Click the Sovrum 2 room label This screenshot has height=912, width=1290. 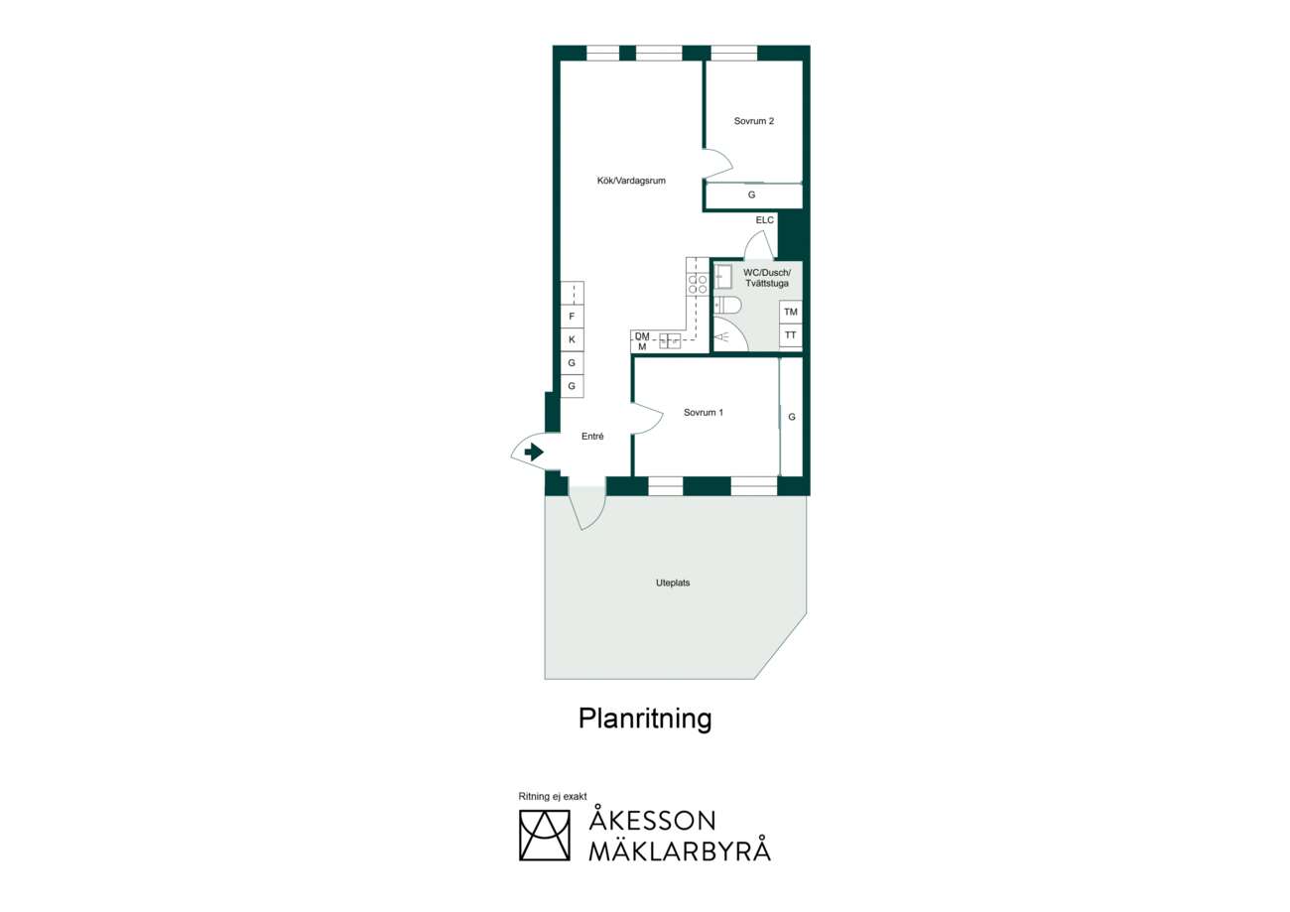(x=753, y=121)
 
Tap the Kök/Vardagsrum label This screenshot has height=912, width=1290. (x=631, y=181)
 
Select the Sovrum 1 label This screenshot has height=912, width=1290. (x=704, y=412)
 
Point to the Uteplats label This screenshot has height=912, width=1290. (x=673, y=583)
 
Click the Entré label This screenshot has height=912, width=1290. (x=592, y=437)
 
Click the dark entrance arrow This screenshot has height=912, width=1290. (x=534, y=452)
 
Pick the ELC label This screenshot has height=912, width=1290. (x=765, y=220)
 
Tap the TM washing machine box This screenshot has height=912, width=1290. (x=791, y=312)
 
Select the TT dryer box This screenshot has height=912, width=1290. (x=791, y=335)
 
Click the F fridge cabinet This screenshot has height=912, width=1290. (x=572, y=317)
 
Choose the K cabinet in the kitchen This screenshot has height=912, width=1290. (x=572, y=339)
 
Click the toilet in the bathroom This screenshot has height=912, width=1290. (x=727, y=305)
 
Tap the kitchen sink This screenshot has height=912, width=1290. (x=670, y=340)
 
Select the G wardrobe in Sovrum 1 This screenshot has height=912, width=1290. (x=791, y=417)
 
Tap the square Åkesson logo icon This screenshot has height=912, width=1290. (x=544, y=836)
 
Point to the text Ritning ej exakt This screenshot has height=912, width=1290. (x=553, y=796)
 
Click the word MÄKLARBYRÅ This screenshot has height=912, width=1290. (x=680, y=850)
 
